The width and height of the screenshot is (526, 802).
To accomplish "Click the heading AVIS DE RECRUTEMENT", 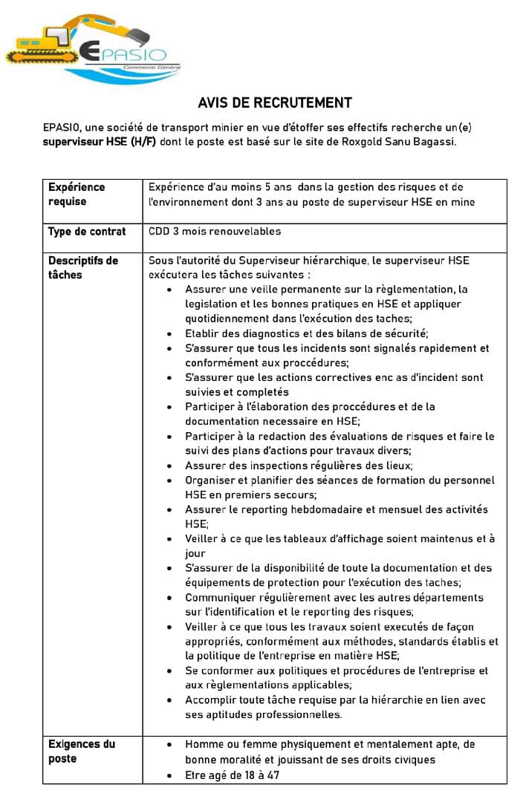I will coord(275,103).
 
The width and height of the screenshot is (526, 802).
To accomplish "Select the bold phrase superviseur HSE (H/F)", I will coord(100,142).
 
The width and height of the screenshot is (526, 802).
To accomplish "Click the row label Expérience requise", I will coord(77,195).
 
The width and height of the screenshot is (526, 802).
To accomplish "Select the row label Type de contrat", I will coord(87,232).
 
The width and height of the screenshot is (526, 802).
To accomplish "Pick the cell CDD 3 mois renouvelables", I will coord(215,232).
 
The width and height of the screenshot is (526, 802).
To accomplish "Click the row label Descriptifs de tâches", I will coord(83,267).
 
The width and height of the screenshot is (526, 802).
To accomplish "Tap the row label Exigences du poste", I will coord(82,752).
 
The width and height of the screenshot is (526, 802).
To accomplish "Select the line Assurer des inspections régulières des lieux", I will coord(299,466).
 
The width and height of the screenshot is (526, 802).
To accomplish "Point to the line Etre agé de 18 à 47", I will coord(232,776).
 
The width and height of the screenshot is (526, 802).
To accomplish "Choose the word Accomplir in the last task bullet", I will coord(212,700).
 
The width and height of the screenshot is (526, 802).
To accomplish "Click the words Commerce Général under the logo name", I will coord(146,68).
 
